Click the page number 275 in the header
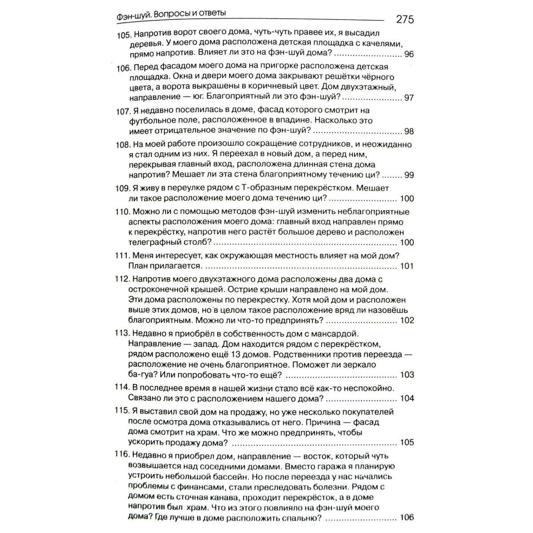coord(404,19)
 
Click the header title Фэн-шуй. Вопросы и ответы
coord(171,15)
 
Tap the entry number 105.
coord(124,35)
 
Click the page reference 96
coord(409,54)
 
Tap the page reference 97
coord(409,98)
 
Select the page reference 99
coord(409,175)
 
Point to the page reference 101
coord(407,266)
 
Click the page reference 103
coord(407,375)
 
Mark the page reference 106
coord(407,517)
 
